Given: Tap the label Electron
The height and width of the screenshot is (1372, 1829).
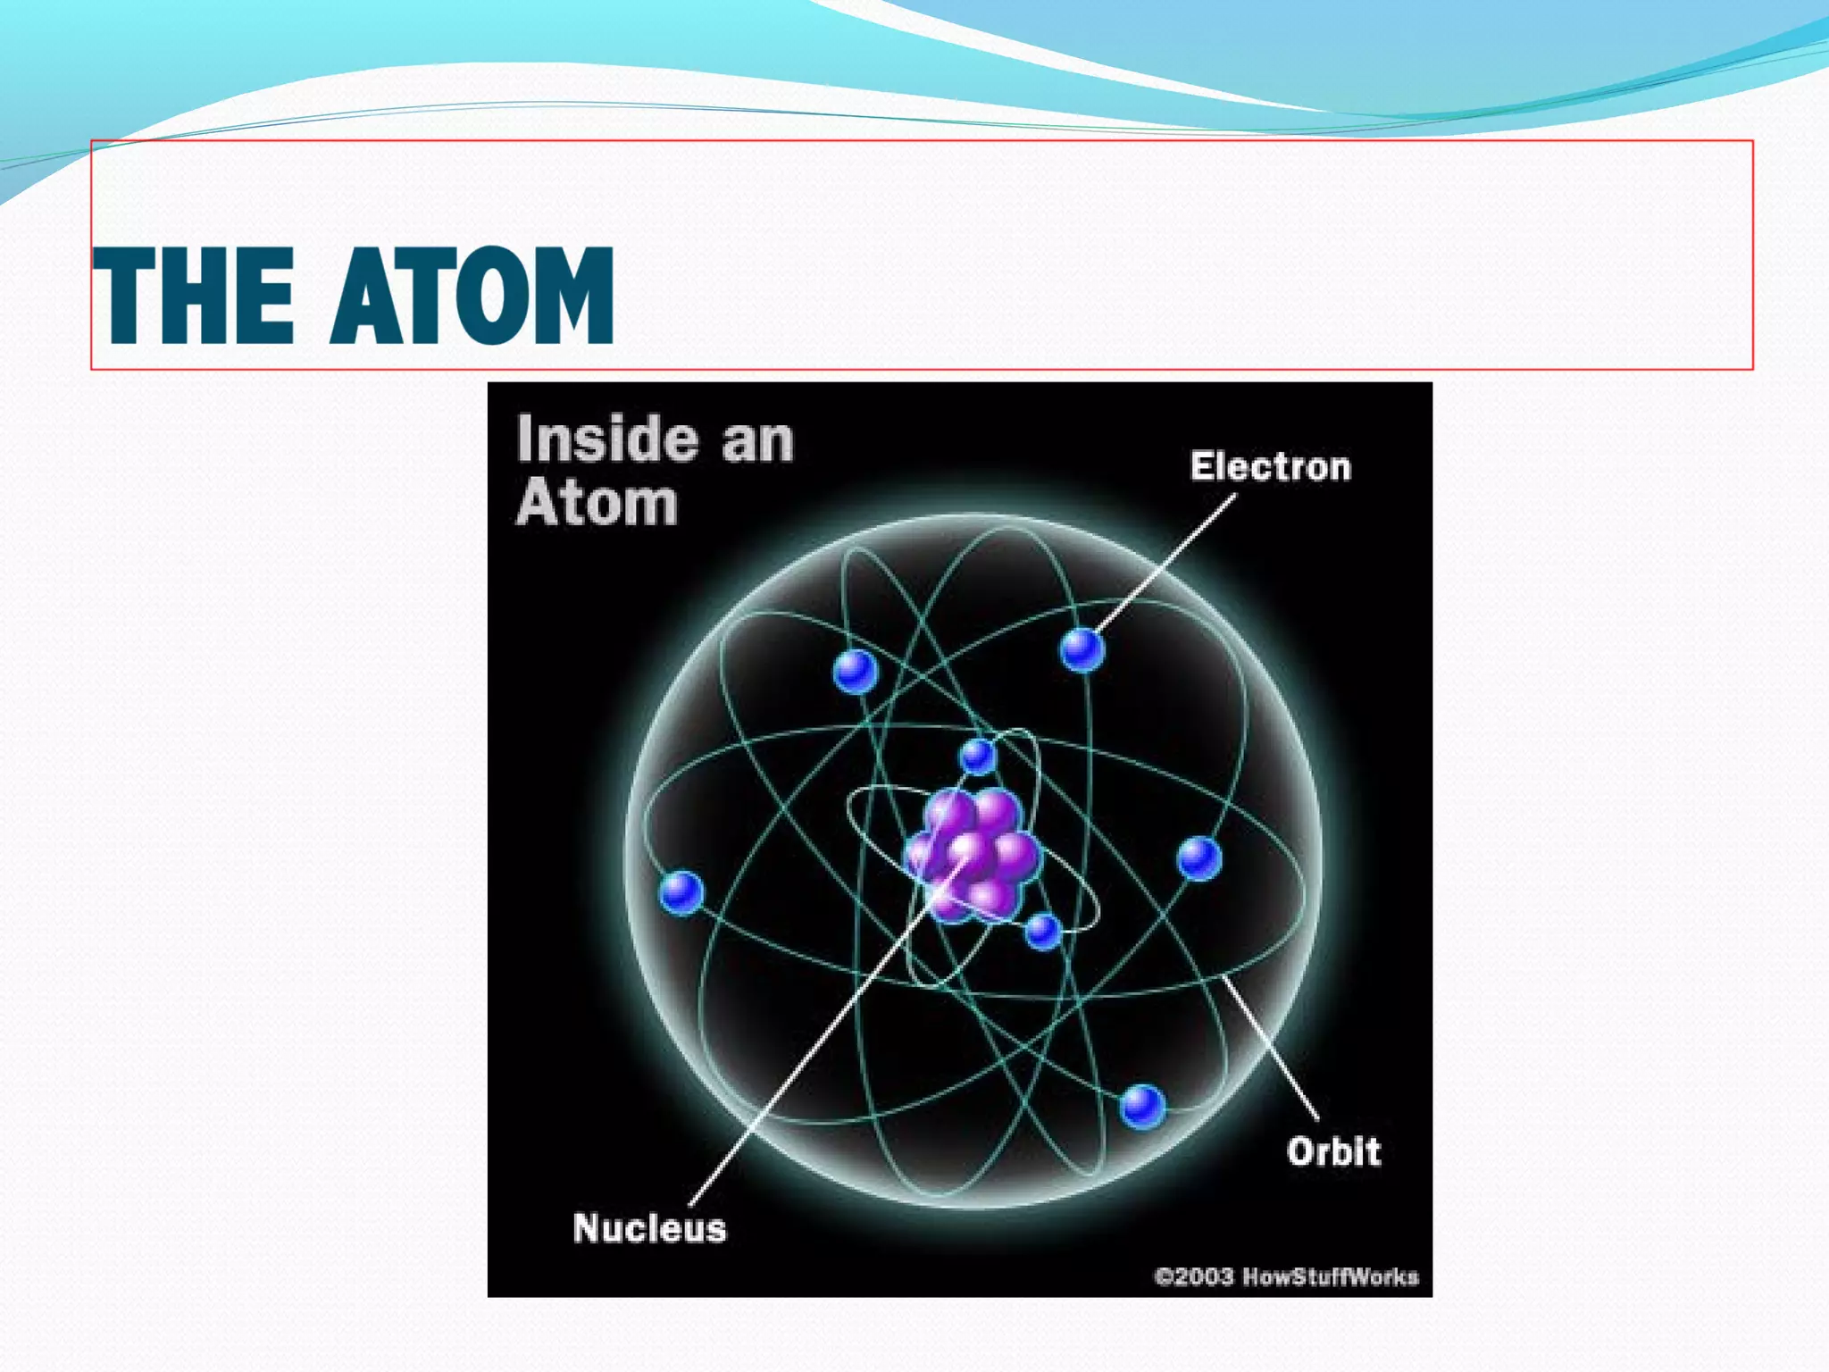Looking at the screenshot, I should tap(1270, 467).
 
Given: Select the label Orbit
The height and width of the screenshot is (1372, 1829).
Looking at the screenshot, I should tap(1333, 1151).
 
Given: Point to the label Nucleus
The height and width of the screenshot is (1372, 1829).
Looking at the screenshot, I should tap(649, 1228).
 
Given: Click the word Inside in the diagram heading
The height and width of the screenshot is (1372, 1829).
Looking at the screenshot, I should tap(607, 439).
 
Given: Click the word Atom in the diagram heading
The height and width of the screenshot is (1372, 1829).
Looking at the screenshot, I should tap(597, 503).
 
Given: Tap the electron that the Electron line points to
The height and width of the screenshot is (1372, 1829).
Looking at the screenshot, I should tap(1082, 649).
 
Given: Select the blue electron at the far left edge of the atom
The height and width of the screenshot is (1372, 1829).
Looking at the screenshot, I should tap(681, 892).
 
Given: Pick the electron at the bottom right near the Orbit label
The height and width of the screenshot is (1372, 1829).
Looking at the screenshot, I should tap(1142, 1106).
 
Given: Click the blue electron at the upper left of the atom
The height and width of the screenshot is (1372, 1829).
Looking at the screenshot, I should tap(855, 671).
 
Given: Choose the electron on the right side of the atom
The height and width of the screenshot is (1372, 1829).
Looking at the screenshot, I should tap(1198, 858).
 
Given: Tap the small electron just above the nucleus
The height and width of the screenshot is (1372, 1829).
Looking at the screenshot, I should tap(978, 757).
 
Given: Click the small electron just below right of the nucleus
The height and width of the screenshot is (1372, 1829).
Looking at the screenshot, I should tap(1042, 932).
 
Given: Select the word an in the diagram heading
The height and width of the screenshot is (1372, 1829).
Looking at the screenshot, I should tap(757, 441).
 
